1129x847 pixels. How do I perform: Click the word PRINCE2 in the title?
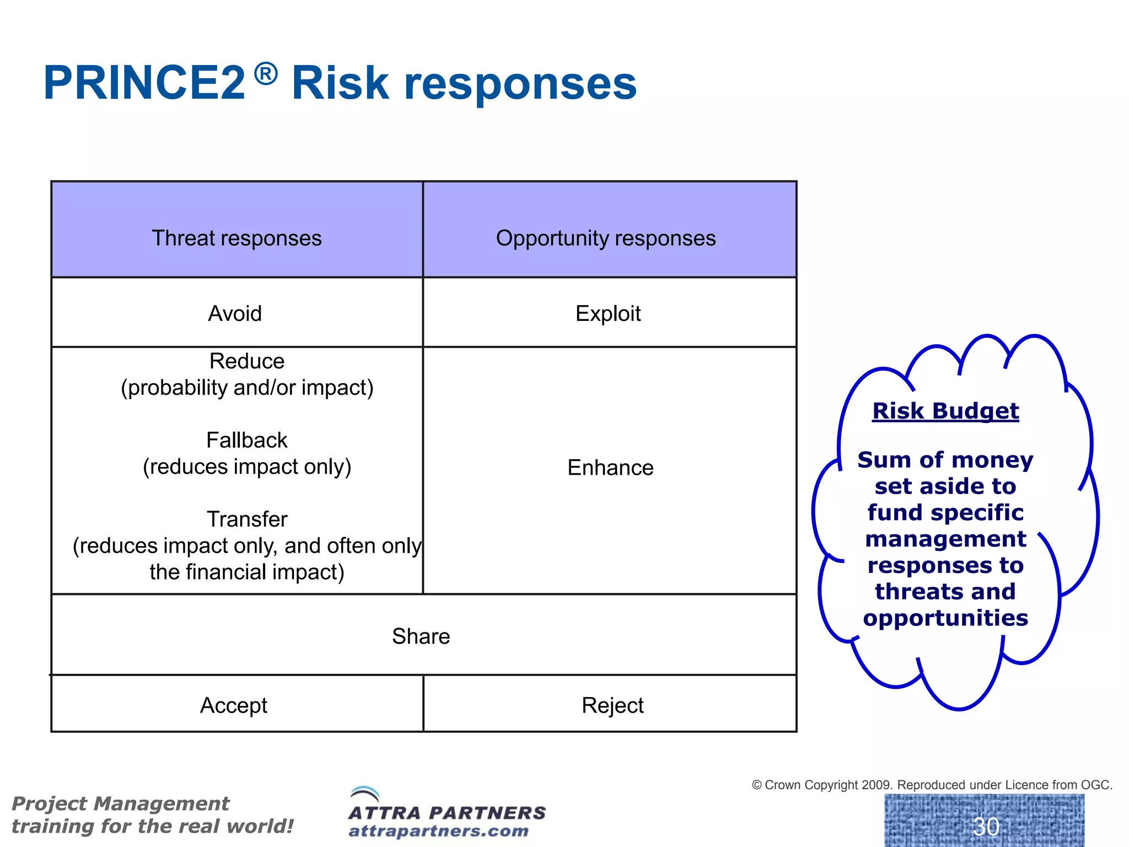pos(144,83)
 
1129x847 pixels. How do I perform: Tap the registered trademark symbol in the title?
pos(266,74)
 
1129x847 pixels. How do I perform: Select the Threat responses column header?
pos(236,238)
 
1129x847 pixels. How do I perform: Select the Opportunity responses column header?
pos(605,238)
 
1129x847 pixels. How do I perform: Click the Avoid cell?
pos(235,314)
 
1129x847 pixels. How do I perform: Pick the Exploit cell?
pos(608,314)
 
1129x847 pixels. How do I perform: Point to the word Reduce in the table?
pos(247,361)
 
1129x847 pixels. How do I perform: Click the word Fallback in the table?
pos(247,440)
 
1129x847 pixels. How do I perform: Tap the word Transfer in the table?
pos(247,519)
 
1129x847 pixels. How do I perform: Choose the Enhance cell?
pos(610,468)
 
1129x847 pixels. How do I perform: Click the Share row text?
pos(421,636)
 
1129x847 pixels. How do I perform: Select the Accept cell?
pos(234,705)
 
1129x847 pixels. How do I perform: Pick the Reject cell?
pos(612,705)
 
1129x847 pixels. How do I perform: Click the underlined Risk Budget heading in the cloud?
pos(945,411)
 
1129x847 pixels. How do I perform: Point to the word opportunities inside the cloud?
pos(945,618)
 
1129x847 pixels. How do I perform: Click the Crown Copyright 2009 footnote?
pos(932,785)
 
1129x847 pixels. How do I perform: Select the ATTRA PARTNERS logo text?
pos(447,813)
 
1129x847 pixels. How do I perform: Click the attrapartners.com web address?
pos(438,831)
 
